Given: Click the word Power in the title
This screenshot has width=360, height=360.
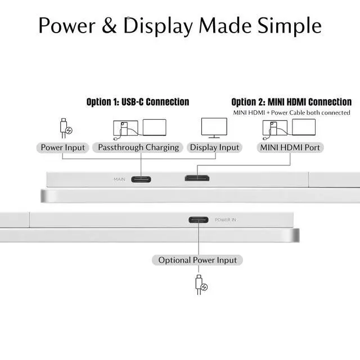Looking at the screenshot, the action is tap(66, 26).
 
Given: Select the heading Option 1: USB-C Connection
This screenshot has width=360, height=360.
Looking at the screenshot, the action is tap(138, 102).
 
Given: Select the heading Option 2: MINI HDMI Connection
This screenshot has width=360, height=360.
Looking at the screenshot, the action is tap(291, 102).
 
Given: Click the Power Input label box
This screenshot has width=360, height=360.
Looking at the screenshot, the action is tap(63, 147).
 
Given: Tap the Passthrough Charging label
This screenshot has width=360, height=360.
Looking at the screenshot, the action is tap(138, 147).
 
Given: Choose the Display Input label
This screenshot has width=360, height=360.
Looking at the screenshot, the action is tap(214, 147).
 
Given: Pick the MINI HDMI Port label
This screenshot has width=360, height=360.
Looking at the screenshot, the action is tap(291, 147).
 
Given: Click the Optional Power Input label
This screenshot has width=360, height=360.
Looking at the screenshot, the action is tap(197, 260).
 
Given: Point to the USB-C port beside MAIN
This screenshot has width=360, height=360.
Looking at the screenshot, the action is tap(141, 179).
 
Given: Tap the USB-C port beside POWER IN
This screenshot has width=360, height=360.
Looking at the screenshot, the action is tap(199, 220).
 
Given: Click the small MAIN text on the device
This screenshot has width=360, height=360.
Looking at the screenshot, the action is tap(119, 179).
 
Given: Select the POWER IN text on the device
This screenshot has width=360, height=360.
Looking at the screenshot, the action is tap(226, 220).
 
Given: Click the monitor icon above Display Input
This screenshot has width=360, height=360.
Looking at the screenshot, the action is tap(214, 128).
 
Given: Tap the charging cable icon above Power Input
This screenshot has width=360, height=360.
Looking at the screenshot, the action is tap(65, 128).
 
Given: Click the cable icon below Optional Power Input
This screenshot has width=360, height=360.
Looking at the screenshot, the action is tap(201, 284).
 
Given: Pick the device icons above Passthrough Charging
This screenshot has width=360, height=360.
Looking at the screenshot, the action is tap(139, 129).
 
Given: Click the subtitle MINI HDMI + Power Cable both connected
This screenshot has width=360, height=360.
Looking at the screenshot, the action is tap(291, 112).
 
